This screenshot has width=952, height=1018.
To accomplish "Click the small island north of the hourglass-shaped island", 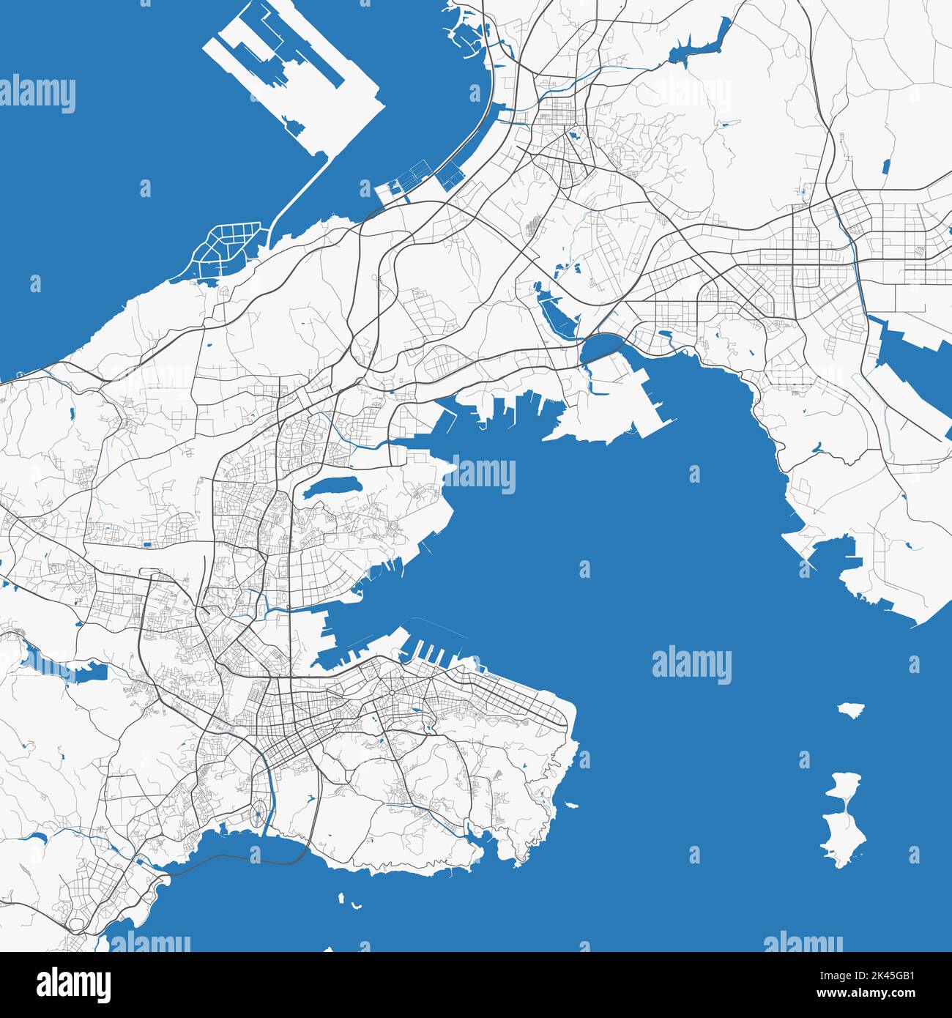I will [851, 710].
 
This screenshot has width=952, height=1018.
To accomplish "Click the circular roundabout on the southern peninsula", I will [392, 692].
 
